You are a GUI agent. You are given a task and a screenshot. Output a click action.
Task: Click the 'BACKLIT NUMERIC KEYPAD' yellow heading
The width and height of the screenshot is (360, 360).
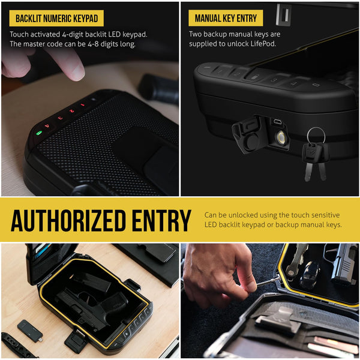click(x=56, y=19)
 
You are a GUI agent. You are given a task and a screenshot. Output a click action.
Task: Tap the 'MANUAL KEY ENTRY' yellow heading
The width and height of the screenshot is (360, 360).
click(x=226, y=18)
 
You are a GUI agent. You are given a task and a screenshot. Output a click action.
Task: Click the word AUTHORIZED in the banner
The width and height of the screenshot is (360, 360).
click(x=68, y=220)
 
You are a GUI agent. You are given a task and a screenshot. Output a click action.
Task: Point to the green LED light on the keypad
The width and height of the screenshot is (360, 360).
click(x=39, y=133)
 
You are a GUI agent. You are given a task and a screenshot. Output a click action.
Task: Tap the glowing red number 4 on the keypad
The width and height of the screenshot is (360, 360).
click(x=47, y=126)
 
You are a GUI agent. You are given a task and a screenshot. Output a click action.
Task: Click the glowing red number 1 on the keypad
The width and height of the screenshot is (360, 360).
click(x=82, y=105)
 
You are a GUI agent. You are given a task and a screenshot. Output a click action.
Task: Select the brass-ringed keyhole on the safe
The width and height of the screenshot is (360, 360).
click(x=281, y=138)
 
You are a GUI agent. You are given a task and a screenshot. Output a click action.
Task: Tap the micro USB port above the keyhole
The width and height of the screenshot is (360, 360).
click(x=277, y=121)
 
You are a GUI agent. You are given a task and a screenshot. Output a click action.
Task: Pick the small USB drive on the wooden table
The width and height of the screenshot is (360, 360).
click(x=30, y=331)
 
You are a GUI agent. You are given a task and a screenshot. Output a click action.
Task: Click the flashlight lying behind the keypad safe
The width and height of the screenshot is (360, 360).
click(x=158, y=88)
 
